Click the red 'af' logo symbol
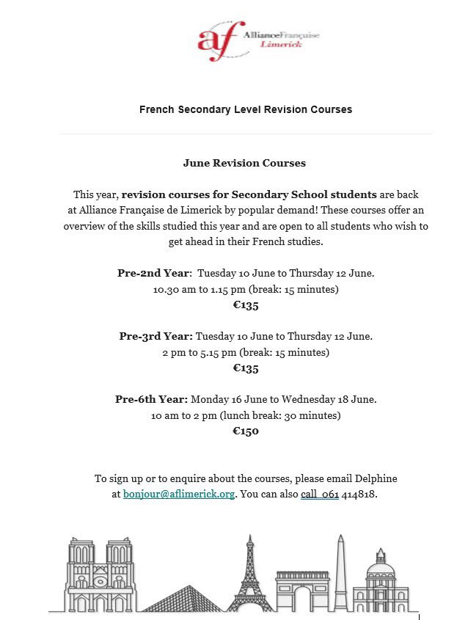pyautogui.click(x=220, y=40)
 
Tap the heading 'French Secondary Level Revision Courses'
pyautogui.click(x=246, y=109)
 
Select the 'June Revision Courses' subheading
pyautogui.click(x=244, y=163)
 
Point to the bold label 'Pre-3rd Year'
pyautogui.click(x=156, y=336)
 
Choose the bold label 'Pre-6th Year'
pyautogui.click(x=152, y=399)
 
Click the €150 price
pyautogui.click(x=246, y=431)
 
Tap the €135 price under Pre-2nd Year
pyautogui.click(x=246, y=305)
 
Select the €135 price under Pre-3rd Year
pyautogui.click(x=246, y=368)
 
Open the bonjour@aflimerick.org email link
pyautogui.click(x=179, y=495)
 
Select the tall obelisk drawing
pyautogui.click(x=340, y=572)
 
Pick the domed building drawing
pyautogui.click(x=379, y=580)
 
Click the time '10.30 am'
pyautogui.click(x=171, y=289)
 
